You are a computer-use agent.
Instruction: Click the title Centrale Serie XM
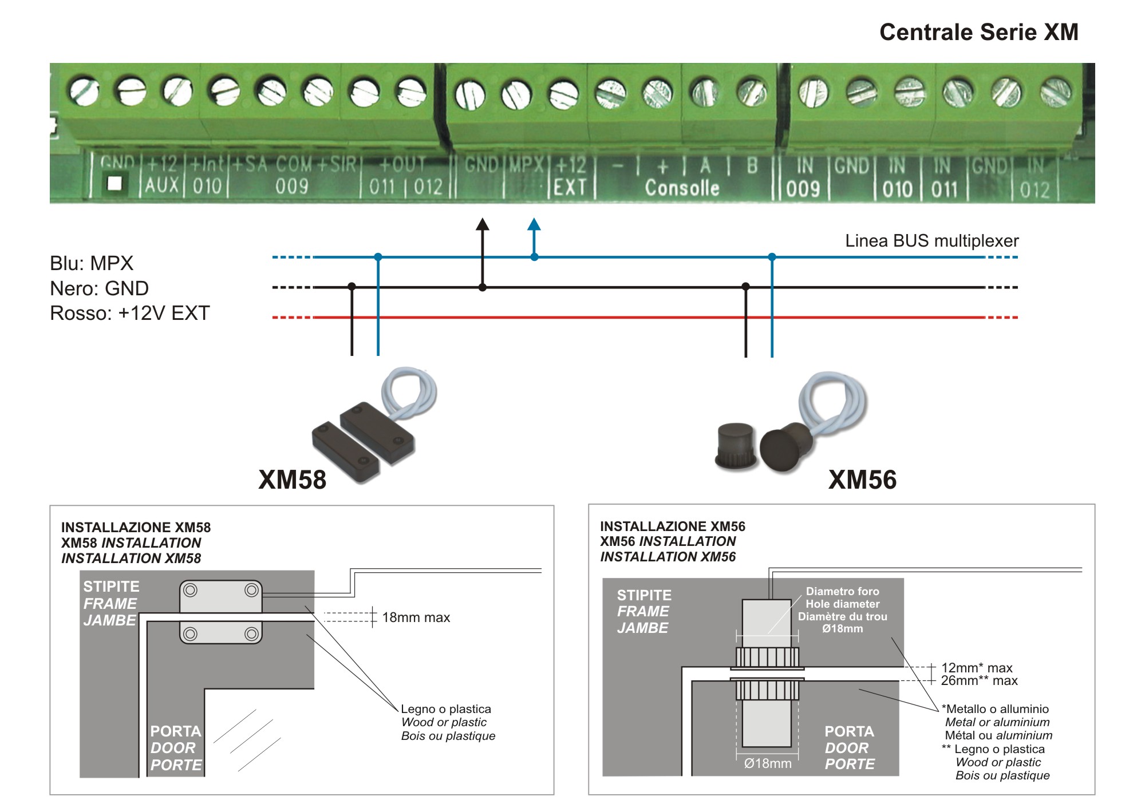pyautogui.click(x=978, y=32)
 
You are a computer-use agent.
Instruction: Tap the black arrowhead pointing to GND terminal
pyautogui.click(x=483, y=224)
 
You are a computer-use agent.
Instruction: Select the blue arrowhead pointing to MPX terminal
pyautogui.click(x=534, y=224)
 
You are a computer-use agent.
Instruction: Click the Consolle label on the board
pyautogui.click(x=682, y=188)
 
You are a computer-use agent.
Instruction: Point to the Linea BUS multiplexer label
pyautogui.click(x=931, y=241)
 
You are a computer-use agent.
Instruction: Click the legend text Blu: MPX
pyautogui.click(x=92, y=263)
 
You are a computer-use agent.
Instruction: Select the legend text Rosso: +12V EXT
pyautogui.click(x=130, y=313)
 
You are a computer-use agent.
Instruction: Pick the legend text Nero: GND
pyautogui.click(x=99, y=288)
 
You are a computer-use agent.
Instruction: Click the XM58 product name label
pyautogui.click(x=292, y=480)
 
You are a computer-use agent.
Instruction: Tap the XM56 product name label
pyautogui.click(x=862, y=480)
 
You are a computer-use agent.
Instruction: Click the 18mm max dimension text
pyautogui.click(x=416, y=617)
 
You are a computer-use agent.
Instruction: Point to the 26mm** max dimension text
pyautogui.click(x=980, y=681)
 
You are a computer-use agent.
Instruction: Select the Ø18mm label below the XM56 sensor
pyautogui.click(x=768, y=763)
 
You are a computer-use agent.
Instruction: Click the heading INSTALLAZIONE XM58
pyautogui.click(x=136, y=528)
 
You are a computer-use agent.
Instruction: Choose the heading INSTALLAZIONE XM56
pyautogui.click(x=673, y=526)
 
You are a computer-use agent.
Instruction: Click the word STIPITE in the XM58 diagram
pyautogui.click(x=111, y=587)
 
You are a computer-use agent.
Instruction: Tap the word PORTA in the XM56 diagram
pyautogui.click(x=849, y=731)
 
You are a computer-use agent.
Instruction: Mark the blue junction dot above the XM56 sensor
pyautogui.click(x=772, y=257)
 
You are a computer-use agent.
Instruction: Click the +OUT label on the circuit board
pyautogui.click(x=403, y=165)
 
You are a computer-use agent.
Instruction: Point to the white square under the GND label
pyautogui.click(x=115, y=184)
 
